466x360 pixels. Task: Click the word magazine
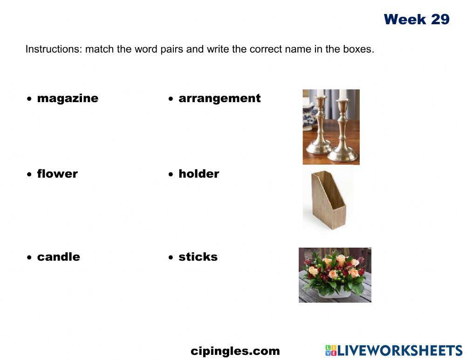[x=68, y=98]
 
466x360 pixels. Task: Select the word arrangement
[x=219, y=98]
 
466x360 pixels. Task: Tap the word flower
[x=57, y=174]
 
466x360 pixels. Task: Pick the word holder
[x=199, y=174]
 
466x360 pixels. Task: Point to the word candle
[x=58, y=257]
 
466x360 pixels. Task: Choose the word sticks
[x=198, y=257]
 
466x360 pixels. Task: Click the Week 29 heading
[x=417, y=20]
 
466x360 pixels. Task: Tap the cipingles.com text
[x=235, y=351]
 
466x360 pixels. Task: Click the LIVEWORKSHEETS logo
[x=393, y=351]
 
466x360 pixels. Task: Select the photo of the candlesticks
[x=331, y=127]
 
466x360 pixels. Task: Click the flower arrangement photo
[x=335, y=275]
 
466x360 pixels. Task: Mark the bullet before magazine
[x=29, y=99]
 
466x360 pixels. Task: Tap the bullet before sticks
[x=171, y=257]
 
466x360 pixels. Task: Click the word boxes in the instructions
[x=358, y=49]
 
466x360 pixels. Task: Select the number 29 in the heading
[x=440, y=20]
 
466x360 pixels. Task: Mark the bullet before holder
[x=171, y=174]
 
